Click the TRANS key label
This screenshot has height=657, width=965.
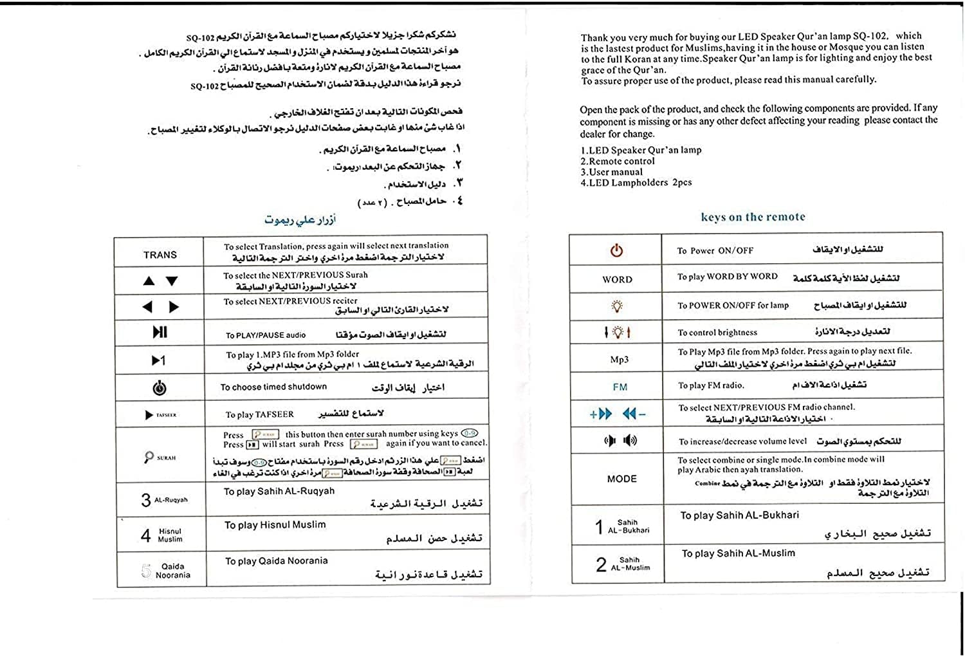point(160,255)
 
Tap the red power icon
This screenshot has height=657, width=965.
point(616,250)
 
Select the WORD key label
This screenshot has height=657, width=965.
point(617,279)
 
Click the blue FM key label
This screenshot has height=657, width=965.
point(620,387)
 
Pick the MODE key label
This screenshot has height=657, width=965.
point(621,479)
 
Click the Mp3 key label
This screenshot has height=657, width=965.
point(619,360)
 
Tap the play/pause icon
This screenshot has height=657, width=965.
point(160,332)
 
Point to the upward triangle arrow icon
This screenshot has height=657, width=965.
point(149,281)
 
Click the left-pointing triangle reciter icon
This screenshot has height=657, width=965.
point(148,307)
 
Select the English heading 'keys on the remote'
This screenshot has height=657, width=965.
point(753,217)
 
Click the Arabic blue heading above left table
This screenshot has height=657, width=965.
point(300,219)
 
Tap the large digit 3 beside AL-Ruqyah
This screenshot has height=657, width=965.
point(146,500)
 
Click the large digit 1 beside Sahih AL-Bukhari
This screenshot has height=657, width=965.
point(599,527)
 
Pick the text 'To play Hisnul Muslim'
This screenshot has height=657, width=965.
point(275,525)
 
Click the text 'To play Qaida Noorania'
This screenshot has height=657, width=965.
point(276,561)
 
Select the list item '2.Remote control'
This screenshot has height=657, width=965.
point(618,162)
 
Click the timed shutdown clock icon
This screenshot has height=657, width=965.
point(160,388)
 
